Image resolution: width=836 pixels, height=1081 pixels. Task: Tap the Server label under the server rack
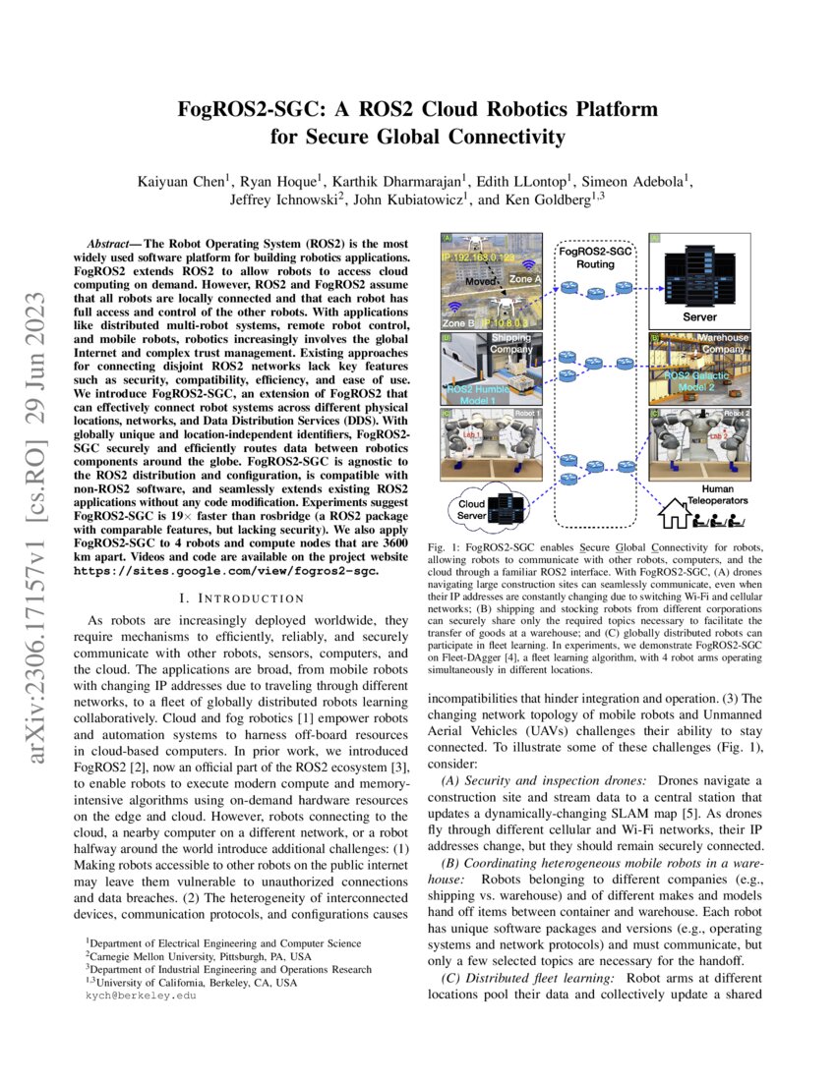pos(699,316)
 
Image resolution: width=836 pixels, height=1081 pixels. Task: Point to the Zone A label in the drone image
pos(525,279)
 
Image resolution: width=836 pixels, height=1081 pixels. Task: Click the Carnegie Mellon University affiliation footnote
pos(193,954)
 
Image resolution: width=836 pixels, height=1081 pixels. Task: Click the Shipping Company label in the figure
pos(512,343)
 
